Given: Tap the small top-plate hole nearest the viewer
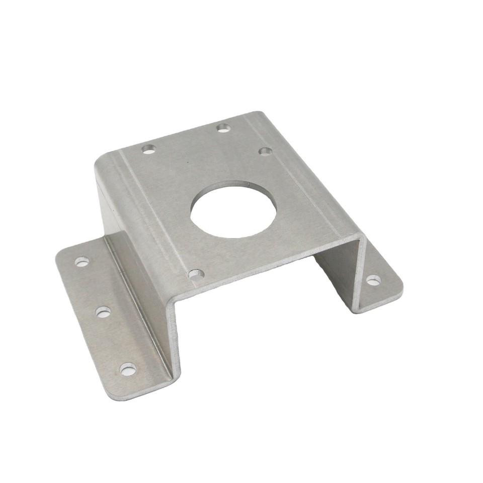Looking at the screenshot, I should [x=196, y=274].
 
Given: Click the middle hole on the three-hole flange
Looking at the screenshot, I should [x=103, y=312].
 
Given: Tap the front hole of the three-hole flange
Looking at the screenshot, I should [x=127, y=370].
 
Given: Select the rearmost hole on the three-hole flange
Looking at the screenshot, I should [x=82, y=261].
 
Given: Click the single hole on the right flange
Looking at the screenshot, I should [x=372, y=280].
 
